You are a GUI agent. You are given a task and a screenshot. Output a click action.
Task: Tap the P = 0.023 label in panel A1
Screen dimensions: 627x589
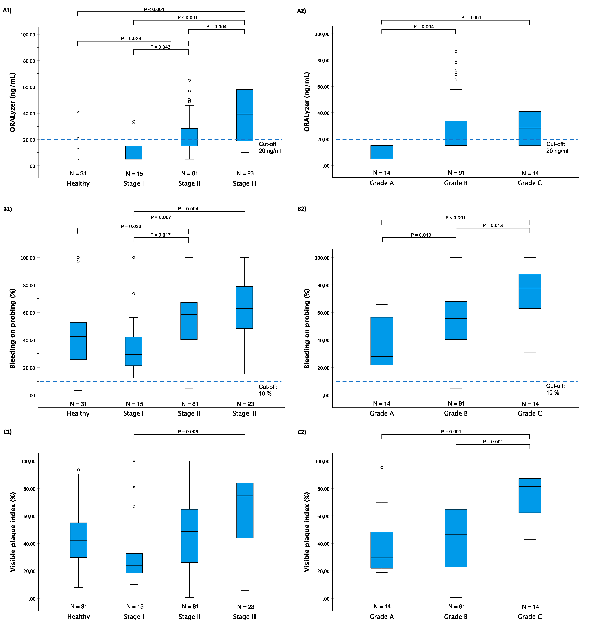pos(131,38)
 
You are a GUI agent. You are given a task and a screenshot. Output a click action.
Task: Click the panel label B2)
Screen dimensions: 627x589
pos(302,209)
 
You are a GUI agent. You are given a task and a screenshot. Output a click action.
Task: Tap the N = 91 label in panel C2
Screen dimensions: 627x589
pos(456,606)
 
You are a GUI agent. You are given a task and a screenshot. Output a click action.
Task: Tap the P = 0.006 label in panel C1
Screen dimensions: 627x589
pos(188,431)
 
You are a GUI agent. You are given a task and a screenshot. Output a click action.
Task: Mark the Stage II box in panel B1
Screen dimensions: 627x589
pos(189,321)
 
